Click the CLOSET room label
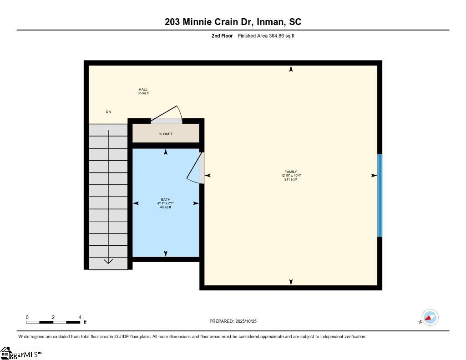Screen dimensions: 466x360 coord(165,134)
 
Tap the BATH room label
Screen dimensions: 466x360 coord(166,199)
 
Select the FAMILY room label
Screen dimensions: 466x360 coord(291,172)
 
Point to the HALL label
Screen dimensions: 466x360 coord(143,89)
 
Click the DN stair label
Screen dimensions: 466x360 coord(108,112)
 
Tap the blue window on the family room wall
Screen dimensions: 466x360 coord(380,195)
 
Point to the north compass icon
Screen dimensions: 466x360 coord(430,318)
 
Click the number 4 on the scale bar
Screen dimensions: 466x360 coord(80,317)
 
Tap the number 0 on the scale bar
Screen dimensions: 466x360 coord(27,317)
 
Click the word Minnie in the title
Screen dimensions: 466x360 coord(197,22)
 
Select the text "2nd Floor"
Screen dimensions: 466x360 coord(222,35)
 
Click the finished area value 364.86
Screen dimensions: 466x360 coord(276,35)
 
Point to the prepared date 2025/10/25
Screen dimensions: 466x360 coord(246,321)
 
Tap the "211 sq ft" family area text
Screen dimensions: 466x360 coord(291,179)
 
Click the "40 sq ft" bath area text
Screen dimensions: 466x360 coord(166,207)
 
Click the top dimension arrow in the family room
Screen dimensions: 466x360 coord(291,69)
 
